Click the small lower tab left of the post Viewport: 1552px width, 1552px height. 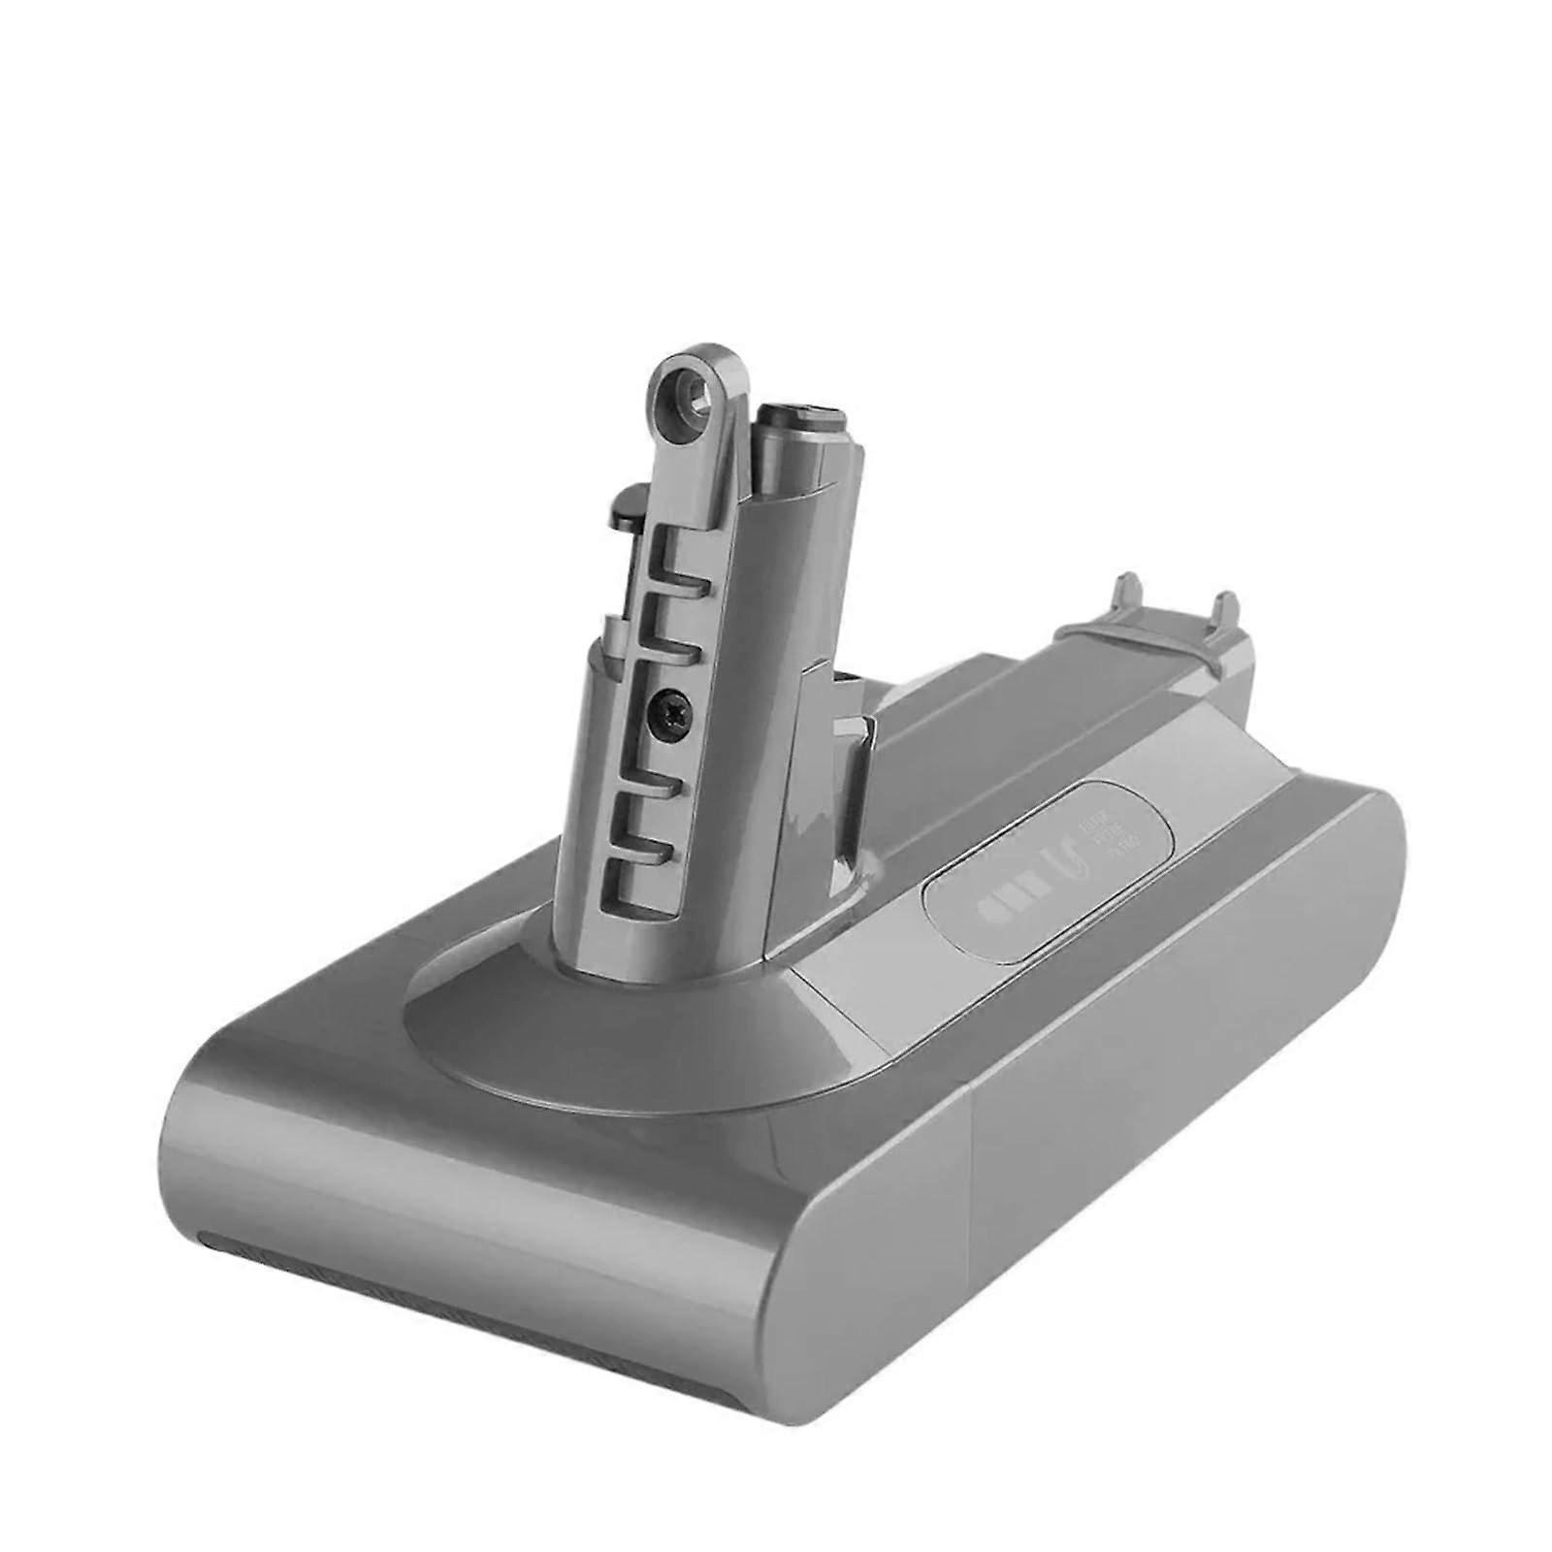tap(609, 629)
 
